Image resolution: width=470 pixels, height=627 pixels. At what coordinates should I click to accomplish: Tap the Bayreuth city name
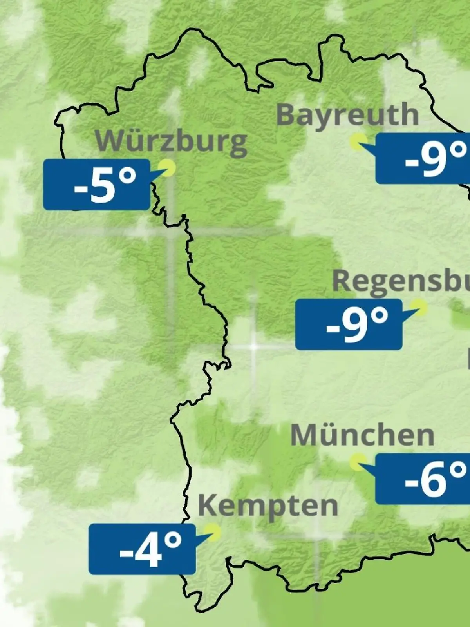pyautogui.click(x=347, y=115)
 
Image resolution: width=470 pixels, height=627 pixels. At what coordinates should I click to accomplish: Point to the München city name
pyautogui.click(x=362, y=435)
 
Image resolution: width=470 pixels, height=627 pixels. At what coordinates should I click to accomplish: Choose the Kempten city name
pyautogui.click(x=268, y=506)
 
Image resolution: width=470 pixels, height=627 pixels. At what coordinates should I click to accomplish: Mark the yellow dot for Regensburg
pyautogui.click(x=419, y=308)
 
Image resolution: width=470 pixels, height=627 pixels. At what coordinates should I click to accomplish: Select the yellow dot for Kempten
pyautogui.click(x=214, y=532)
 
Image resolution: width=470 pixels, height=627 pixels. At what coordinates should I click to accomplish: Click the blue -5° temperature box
pyautogui.click(x=97, y=185)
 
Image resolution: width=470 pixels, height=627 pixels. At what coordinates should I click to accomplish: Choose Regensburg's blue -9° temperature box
pyautogui.click(x=349, y=324)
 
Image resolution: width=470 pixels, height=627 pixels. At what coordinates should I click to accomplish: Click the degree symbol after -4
pyautogui.click(x=173, y=541)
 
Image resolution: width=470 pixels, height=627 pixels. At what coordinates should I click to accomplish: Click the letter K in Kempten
pyautogui.click(x=208, y=506)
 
